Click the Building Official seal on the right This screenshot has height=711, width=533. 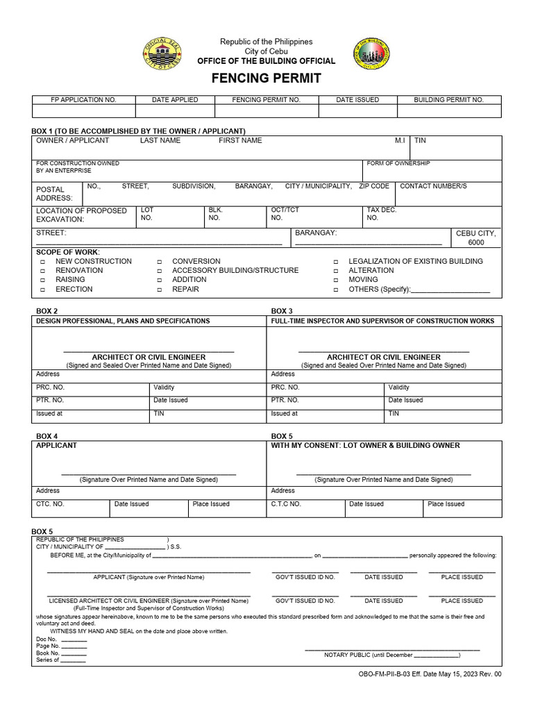pyautogui.click(x=371, y=53)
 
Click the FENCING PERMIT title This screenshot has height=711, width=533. pyautogui.click(x=266, y=78)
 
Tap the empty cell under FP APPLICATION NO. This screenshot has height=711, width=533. pyautogui.click(x=84, y=112)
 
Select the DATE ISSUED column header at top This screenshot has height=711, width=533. pyautogui.click(x=357, y=100)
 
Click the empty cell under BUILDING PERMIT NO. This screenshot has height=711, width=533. pyautogui.click(x=449, y=112)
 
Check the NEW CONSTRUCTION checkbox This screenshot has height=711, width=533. pyautogui.click(x=42, y=262)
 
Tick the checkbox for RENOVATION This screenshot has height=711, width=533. pyautogui.click(x=42, y=271)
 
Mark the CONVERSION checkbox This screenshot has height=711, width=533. pyautogui.click(x=159, y=262)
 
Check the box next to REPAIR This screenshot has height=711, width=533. pyautogui.click(x=159, y=290)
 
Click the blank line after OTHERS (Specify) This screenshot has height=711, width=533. pyautogui.click(x=450, y=290)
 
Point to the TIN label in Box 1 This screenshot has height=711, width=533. pyautogui.click(x=420, y=140)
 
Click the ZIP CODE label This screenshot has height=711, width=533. pyautogui.click(x=374, y=186)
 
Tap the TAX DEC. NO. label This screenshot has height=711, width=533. pyautogui.click(x=381, y=213)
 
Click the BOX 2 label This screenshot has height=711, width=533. pyautogui.click(x=46, y=310)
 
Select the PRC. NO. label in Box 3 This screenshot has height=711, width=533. pyautogui.click(x=285, y=387)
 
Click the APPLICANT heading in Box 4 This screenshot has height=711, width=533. pyautogui.click(x=56, y=445)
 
